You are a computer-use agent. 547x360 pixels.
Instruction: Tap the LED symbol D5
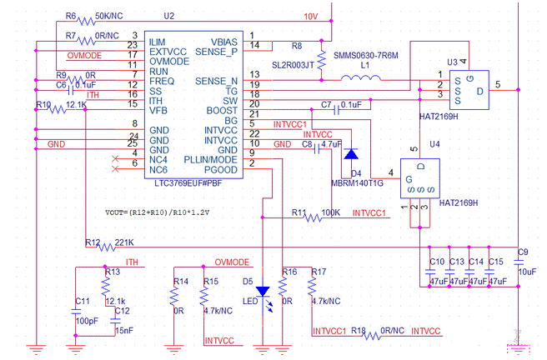264,292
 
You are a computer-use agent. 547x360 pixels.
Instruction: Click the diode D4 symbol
352,153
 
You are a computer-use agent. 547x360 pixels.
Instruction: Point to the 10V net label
311,16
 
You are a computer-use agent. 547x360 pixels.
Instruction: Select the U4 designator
434,144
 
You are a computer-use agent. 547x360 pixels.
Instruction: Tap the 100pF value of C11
87,320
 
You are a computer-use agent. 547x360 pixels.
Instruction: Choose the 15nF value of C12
123,331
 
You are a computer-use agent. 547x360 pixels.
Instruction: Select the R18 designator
358,331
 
